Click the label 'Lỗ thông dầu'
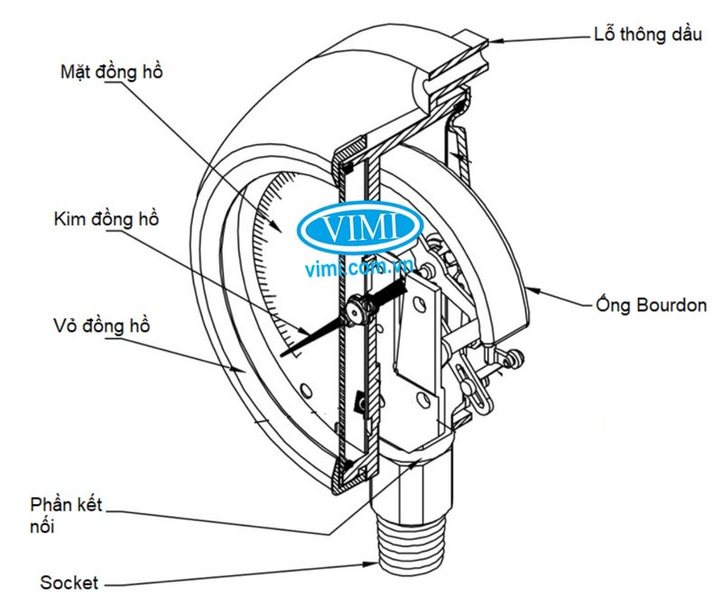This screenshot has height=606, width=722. pos(647,37)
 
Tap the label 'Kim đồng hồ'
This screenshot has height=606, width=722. pos(106,218)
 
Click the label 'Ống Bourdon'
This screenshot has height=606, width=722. pos(652,305)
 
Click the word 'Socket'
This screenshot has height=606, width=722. pos(69,582)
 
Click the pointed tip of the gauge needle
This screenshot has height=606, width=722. pos(282,357)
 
